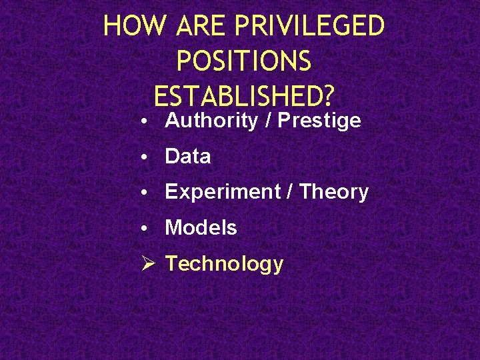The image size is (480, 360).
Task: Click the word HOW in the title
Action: point(136,27)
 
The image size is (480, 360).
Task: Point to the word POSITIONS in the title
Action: point(243,62)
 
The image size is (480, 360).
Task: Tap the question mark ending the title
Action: point(327,97)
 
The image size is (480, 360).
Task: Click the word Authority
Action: point(211,121)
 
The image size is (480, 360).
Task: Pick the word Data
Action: point(188,157)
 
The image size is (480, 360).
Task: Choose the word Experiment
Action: point(221,192)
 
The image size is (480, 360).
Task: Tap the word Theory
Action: point(334,192)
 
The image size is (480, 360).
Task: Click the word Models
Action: point(201,228)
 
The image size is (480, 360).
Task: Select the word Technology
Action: point(224,264)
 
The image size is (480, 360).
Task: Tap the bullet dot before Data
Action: point(145,157)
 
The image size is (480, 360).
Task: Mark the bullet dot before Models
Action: point(145,229)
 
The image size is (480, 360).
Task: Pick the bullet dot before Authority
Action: point(145,122)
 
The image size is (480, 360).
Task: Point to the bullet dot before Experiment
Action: point(145,193)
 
